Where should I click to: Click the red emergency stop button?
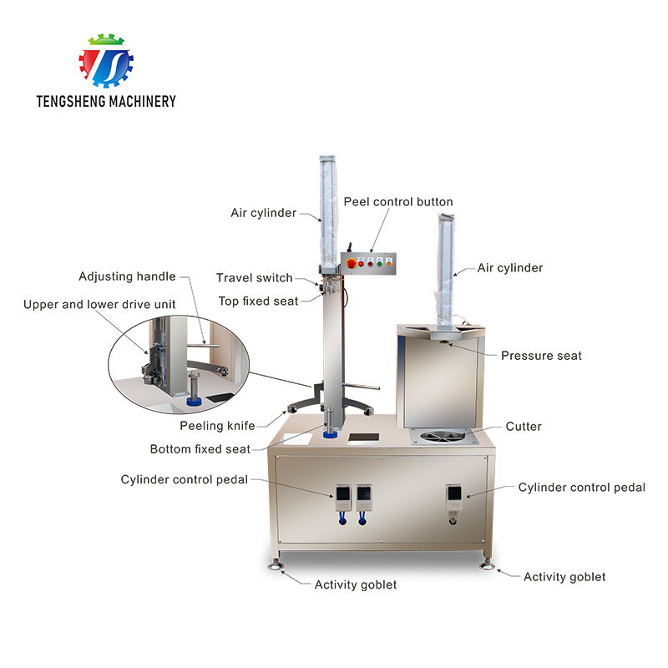352,263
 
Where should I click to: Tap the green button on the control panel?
380,264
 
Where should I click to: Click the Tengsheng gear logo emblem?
106,60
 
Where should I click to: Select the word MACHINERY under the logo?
143,101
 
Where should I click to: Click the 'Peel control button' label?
398,201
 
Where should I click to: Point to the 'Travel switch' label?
255,278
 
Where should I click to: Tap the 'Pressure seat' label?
541,356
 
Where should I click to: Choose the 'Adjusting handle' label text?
127,276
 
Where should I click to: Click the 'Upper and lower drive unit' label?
99,304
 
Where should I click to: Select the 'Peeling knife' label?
217,426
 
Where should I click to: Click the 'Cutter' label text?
524,426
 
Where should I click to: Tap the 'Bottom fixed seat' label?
200,449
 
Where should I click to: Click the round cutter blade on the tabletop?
443,436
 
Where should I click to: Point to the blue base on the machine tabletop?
330,434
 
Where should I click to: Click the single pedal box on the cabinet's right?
454,497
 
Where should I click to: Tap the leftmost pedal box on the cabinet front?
343,498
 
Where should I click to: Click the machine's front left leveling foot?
276,564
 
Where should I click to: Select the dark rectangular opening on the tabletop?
363,438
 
